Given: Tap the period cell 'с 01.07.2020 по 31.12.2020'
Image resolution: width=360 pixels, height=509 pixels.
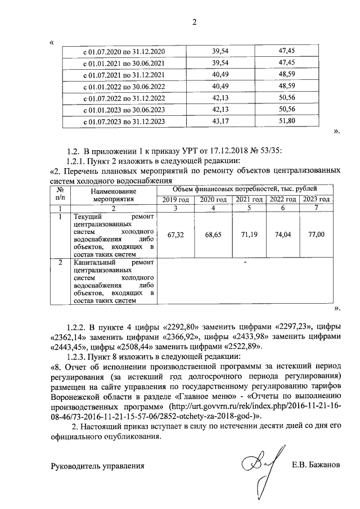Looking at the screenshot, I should tap(124, 52).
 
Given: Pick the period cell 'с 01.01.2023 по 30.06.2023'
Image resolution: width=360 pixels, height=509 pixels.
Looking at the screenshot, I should tap(124, 110).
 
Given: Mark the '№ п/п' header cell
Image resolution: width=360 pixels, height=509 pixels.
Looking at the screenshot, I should tap(60, 195).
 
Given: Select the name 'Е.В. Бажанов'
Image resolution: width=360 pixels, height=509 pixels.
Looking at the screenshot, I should tap(316, 465).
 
